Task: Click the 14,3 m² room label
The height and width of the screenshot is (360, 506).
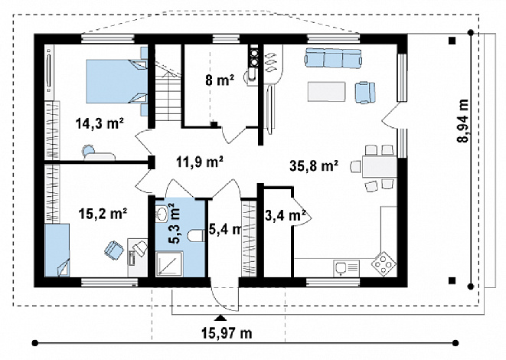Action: tap(100, 123)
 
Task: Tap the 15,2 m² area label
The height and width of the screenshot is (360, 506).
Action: tap(103, 214)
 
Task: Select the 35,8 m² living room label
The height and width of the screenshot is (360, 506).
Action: tap(314, 166)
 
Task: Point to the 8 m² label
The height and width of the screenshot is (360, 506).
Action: tap(220, 80)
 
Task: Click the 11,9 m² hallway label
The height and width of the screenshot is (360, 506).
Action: tap(200, 162)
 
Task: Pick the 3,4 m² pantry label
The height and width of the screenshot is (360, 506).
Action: tap(286, 216)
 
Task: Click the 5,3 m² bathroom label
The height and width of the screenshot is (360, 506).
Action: tap(175, 223)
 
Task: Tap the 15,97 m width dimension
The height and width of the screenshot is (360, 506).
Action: tap(227, 333)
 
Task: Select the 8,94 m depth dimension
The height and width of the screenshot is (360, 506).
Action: tap(463, 120)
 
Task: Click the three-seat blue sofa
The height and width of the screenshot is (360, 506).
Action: tap(333, 58)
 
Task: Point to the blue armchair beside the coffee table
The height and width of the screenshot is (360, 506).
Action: tap(365, 93)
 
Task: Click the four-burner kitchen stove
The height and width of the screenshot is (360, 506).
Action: tap(384, 263)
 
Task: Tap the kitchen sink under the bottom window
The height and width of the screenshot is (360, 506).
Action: tap(346, 269)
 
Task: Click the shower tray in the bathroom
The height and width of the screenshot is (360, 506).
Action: tap(169, 264)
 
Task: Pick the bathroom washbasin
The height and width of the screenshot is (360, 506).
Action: tap(161, 214)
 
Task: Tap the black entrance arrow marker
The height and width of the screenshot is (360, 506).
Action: tap(220, 318)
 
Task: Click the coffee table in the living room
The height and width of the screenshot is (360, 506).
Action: tap(327, 92)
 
